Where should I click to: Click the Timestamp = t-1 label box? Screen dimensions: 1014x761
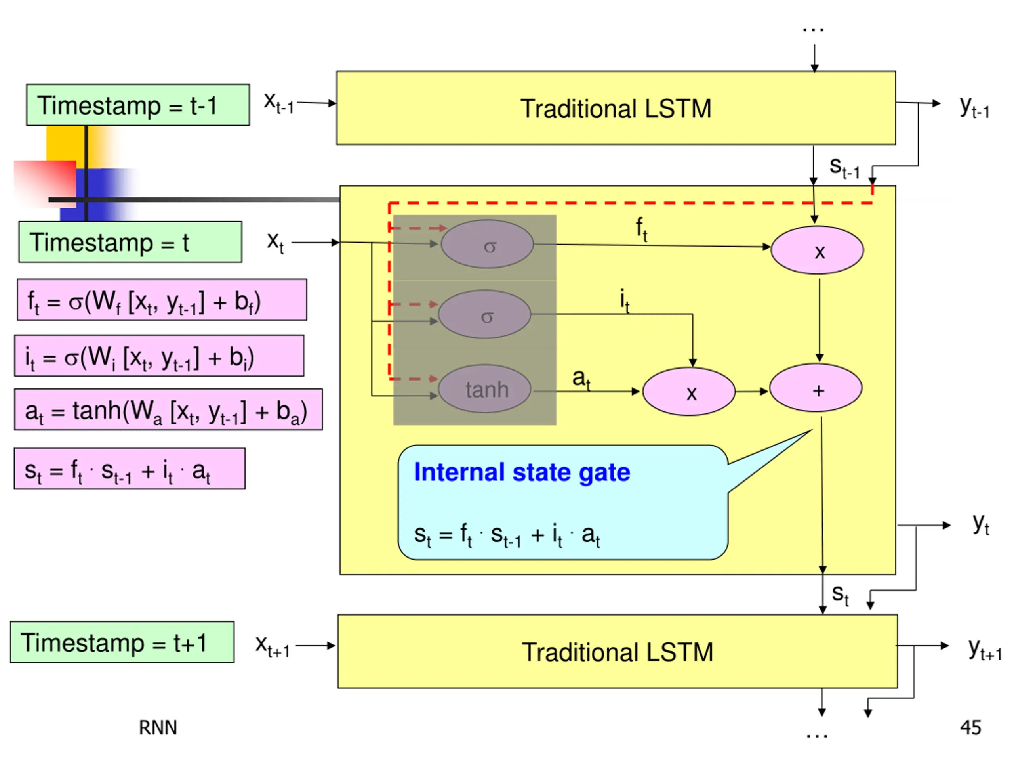coord(138,105)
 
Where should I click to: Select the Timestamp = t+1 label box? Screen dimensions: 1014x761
coord(122,642)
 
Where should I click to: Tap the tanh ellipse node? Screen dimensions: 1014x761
coord(484,389)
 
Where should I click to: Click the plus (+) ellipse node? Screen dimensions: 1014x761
coord(816,390)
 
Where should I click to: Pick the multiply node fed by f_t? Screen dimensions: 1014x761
coord(818,250)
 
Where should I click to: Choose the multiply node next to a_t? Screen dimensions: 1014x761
coord(689,392)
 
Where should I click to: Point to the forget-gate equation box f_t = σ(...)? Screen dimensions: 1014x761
coord(162,300)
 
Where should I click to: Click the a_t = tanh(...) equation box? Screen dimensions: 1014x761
coord(168,409)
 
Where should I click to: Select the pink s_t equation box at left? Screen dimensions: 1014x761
coord(130,468)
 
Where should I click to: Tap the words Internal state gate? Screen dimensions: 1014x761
coord(522,472)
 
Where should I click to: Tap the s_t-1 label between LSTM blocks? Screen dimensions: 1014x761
coord(844,167)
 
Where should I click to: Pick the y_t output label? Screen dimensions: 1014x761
coord(981,524)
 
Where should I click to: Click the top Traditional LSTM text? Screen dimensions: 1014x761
coord(616,109)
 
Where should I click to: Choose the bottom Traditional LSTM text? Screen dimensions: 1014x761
coord(618,652)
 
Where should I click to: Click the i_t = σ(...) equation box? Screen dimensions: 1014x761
coord(159,356)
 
